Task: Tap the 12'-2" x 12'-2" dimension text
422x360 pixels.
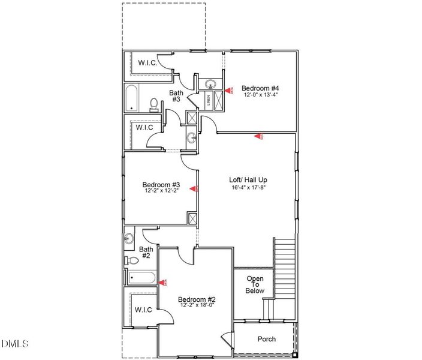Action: (162, 191)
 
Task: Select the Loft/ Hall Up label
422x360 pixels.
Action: (248, 179)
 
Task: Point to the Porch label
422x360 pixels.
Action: (267, 339)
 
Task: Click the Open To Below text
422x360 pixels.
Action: (255, 284)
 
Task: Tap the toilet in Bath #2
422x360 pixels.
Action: (131, 260)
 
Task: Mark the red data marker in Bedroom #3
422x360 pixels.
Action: (194, 188)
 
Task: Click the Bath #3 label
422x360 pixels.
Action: (176, 96)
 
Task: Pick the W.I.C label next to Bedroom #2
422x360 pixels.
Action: (143, 310)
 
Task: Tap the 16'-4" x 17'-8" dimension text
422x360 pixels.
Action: (248, 187)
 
